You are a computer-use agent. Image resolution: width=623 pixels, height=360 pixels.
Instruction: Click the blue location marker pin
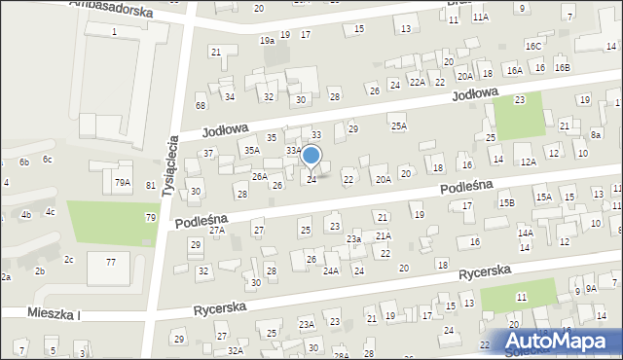(311, 156)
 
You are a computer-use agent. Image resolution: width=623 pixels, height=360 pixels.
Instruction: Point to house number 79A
(122, 183)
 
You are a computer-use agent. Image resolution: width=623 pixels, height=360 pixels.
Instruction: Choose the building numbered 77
(111, 263)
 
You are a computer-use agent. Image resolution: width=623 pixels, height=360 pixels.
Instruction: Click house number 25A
(398, 126)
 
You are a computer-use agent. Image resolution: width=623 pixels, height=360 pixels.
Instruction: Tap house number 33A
(293, 151)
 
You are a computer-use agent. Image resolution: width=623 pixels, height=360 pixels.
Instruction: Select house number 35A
(251, 150)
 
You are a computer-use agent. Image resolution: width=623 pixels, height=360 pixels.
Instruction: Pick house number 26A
(260, 176)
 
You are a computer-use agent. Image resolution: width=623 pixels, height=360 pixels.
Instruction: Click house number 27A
(217, 230)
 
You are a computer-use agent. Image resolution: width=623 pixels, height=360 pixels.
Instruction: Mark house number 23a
(354, 238)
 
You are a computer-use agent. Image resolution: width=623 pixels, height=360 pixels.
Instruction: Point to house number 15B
(507, 202)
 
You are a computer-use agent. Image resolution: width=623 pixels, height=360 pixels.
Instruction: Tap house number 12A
(528, 162)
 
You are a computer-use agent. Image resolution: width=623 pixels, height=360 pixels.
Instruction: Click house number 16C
(532, 46)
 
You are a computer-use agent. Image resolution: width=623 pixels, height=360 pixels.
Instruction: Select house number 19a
(267, 41)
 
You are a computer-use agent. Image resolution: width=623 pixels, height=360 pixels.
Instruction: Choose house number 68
(201, 105)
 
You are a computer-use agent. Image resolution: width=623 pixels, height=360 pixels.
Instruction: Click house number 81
(150, 185)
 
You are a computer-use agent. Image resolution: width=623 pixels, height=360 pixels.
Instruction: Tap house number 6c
(47, 159)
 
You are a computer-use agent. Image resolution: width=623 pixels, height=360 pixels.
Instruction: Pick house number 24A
(331, 270)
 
